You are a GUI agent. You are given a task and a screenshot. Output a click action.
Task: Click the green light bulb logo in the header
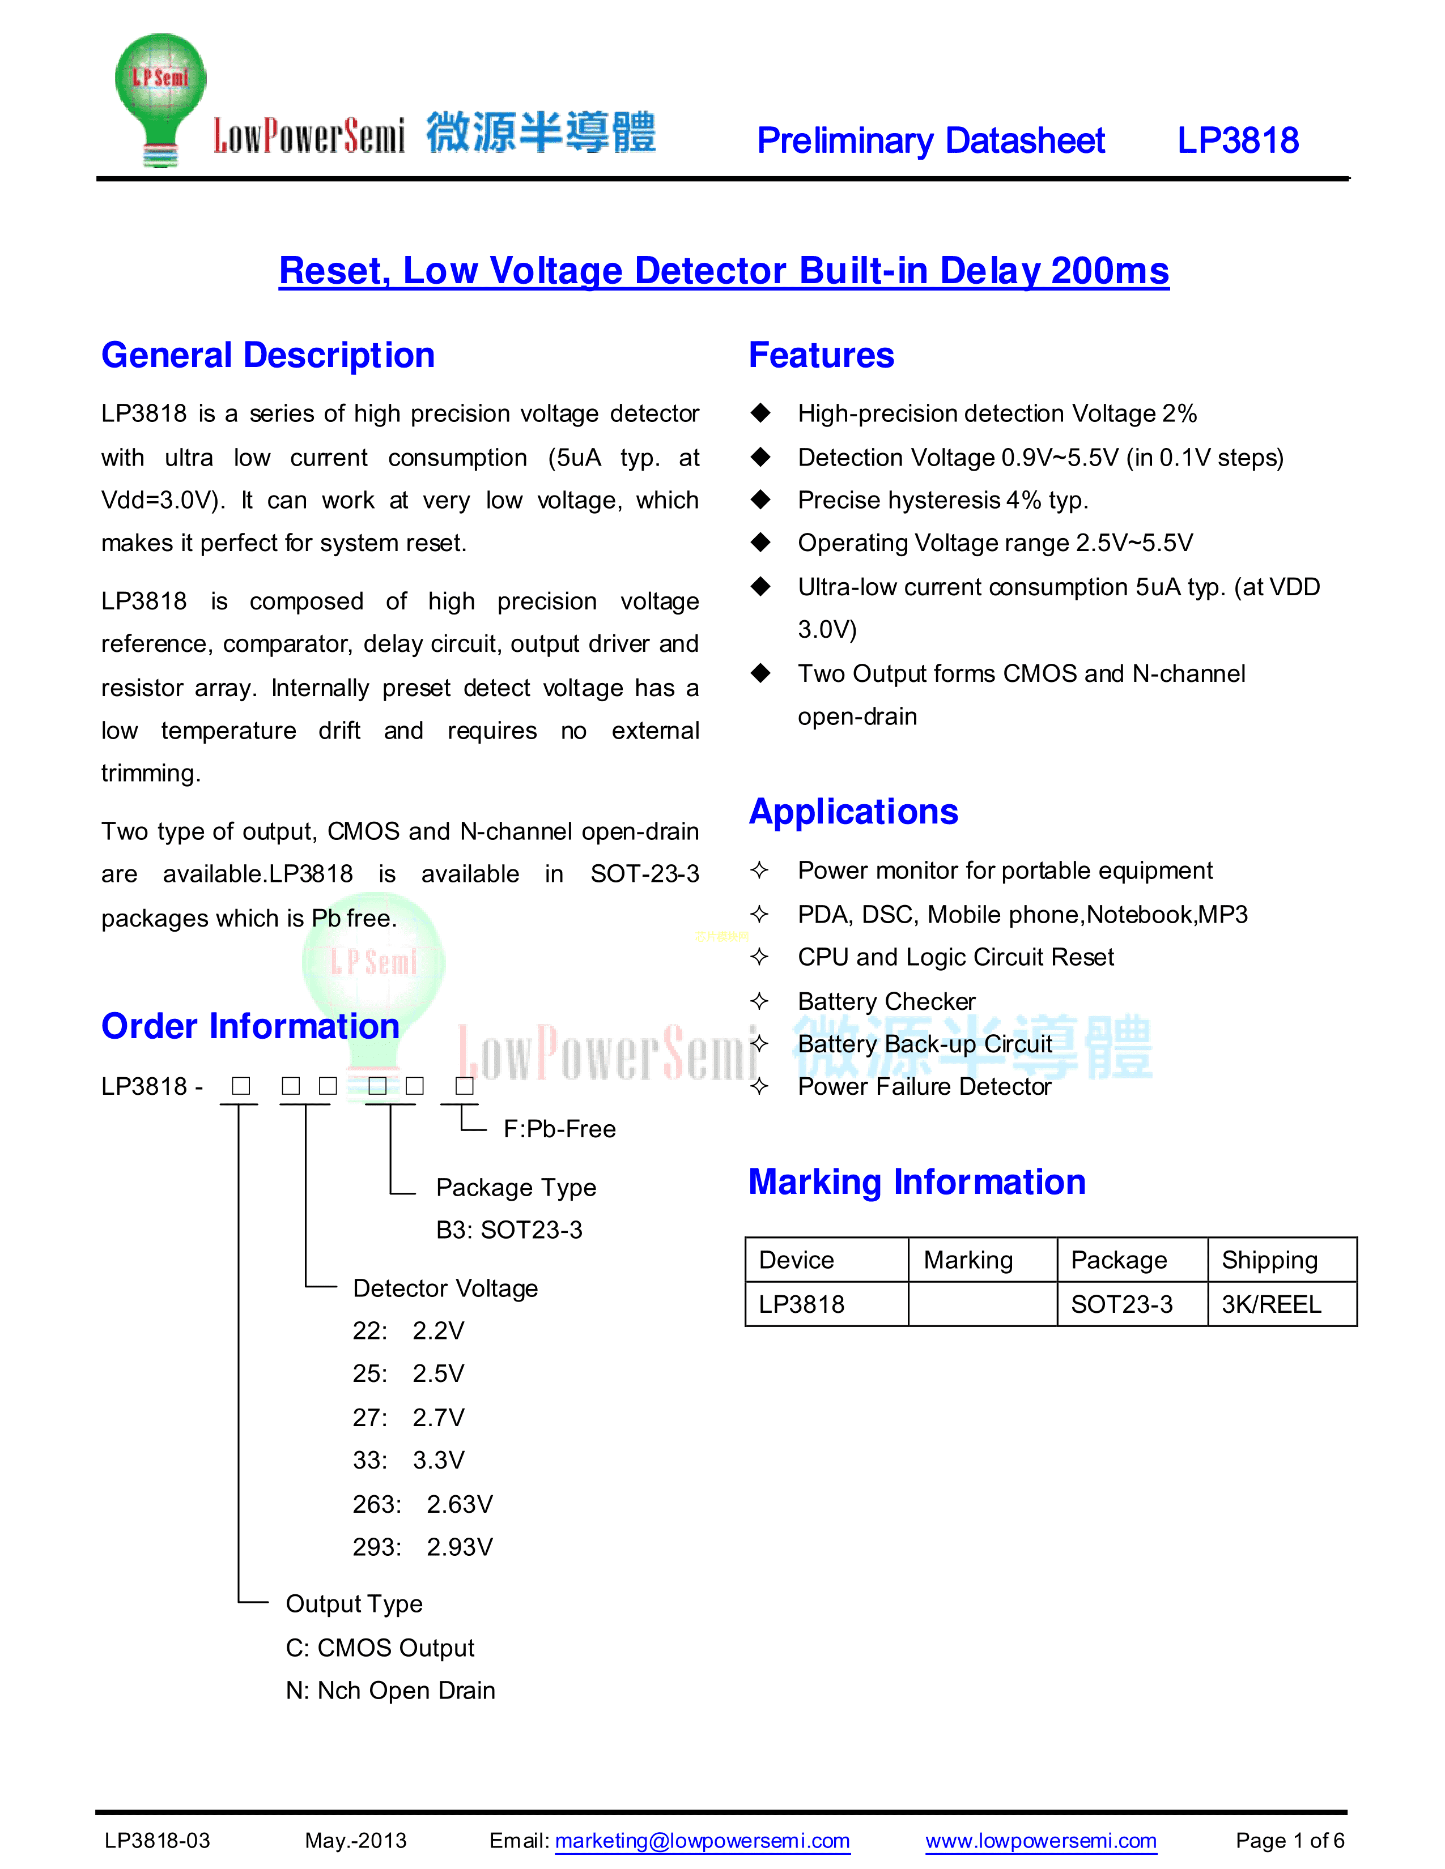pyautogui.click(x=161, y=99)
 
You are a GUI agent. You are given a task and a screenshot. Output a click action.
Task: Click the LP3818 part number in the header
pyautogui.click(x=1237, y=140)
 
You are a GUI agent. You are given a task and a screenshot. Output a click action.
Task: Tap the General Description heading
pyautogui.click(x=268, y=355)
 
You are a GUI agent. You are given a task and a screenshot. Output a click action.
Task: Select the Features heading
pyautogui.click(x=821, y=355)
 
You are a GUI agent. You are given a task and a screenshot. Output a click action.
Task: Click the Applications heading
pyautogui.click(x=853, y=811)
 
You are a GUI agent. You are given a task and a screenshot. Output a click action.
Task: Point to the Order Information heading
pyautogui.click(x=250, y=1026)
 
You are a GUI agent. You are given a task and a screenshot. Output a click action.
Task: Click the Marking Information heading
pyautogui.click(x=917, y=1182)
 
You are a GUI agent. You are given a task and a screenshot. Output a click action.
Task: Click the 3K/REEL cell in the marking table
pyautogui.click(x=1271, y=1304)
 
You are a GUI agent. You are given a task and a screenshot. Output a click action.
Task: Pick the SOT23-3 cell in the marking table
pyautogui.click(x=1121, y=1304)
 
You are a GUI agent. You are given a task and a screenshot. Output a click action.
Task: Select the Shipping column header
pyautogui.click(x=1269, y=1260)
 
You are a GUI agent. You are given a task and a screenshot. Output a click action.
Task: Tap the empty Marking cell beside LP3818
pyautogui.click(x=982, y=1304)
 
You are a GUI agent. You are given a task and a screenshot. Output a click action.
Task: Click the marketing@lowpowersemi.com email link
pyautogui.click(x=702, y=1841)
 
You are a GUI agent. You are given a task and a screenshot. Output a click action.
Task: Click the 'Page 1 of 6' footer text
pyautogui.click(x=1289, y=1841)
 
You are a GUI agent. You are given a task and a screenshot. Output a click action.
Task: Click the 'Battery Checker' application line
pyautogui.click(x=886, y=1001)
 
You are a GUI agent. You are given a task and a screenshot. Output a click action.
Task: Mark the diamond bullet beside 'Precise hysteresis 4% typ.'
pyautogui.click(x=760, y=500)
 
